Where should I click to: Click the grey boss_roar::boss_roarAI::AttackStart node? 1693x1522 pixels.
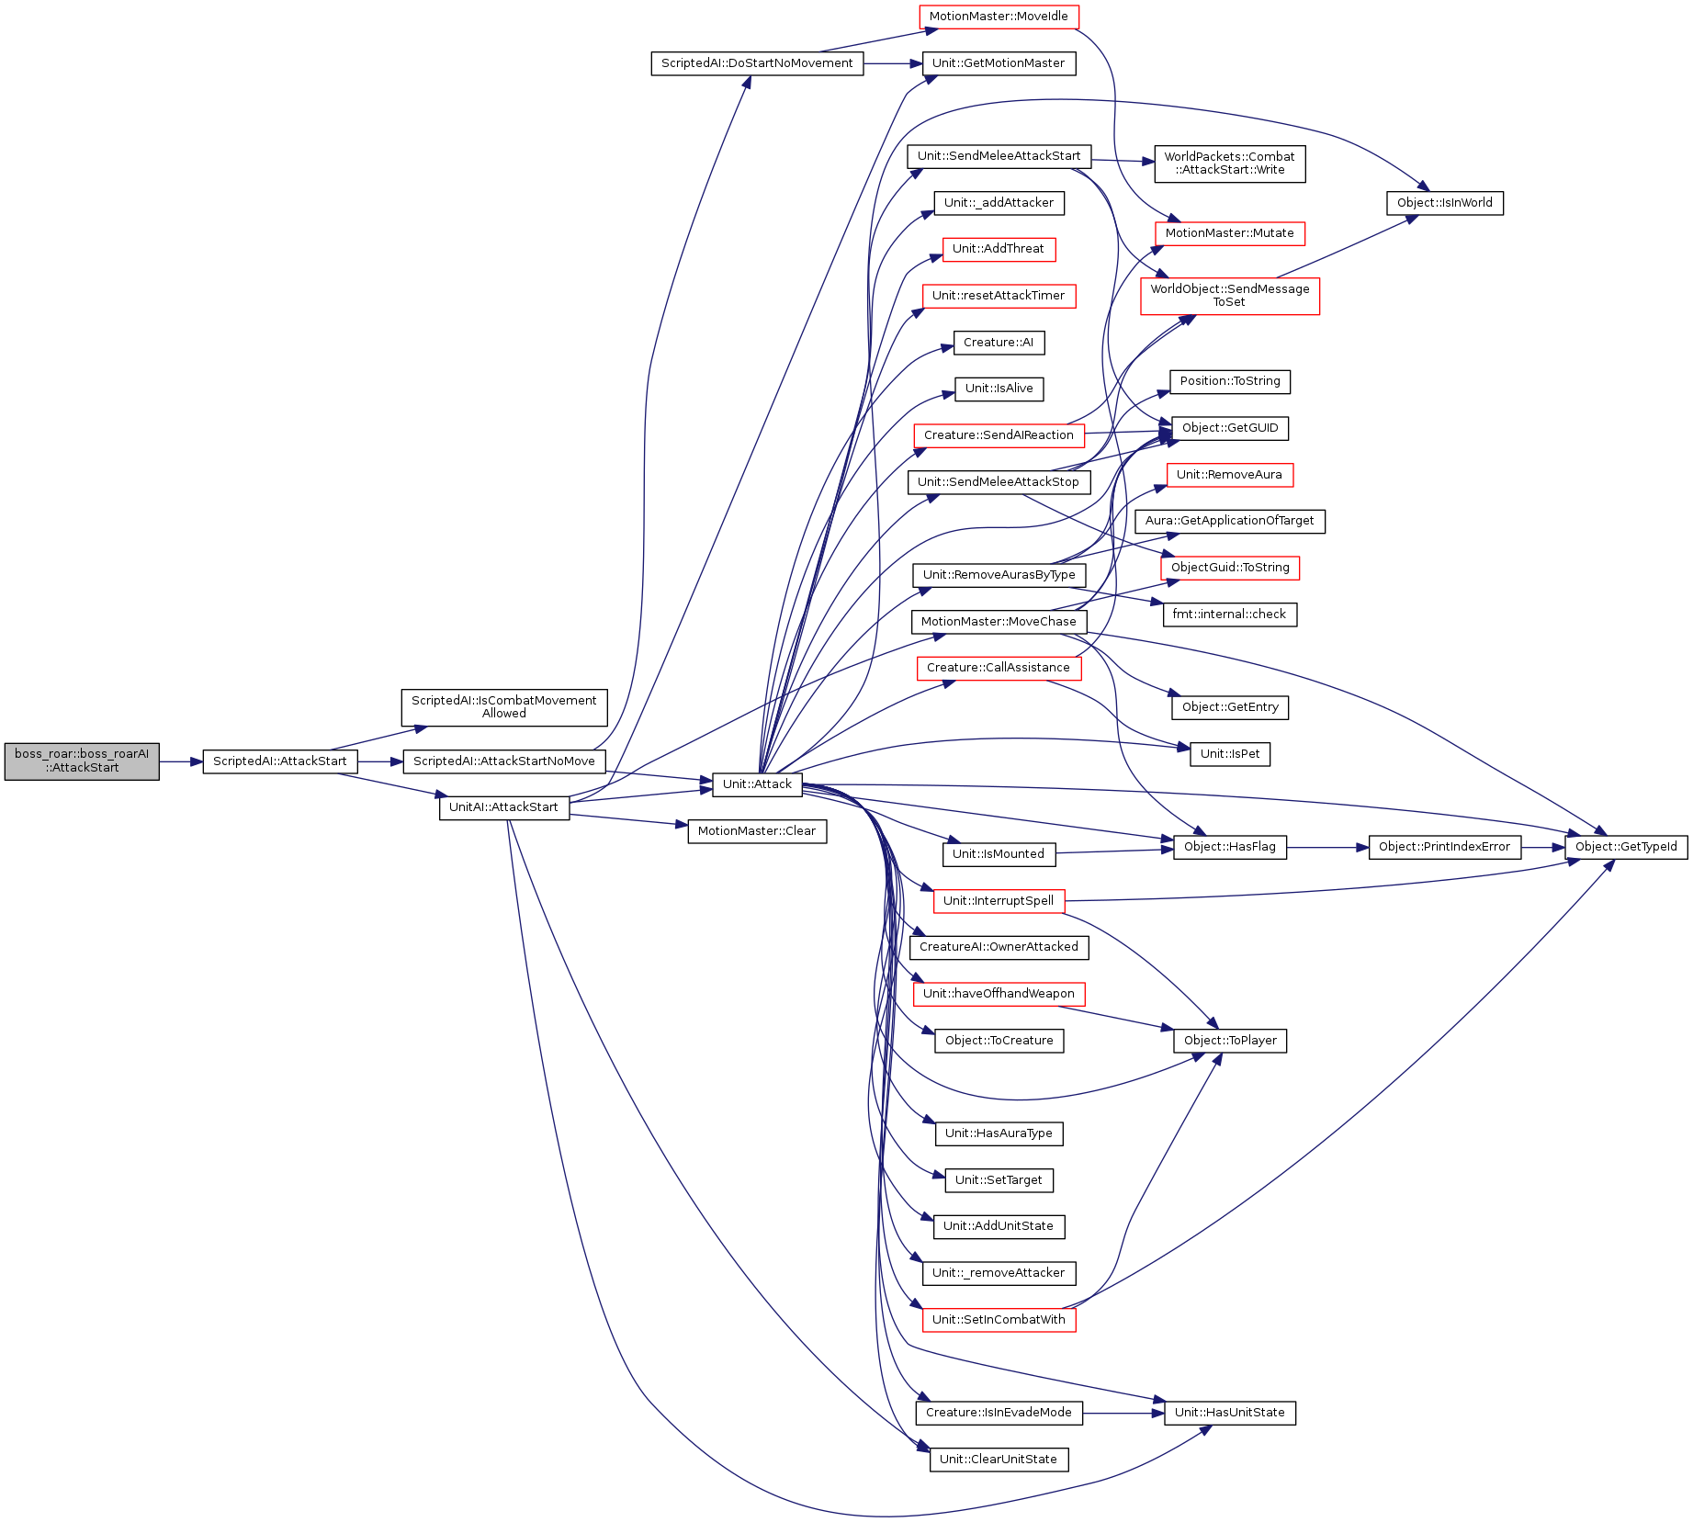(x=82, y=761)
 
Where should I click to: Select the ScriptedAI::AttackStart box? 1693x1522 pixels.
(x=280, y=761)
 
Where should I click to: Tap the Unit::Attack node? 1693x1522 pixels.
(x=757, y=784)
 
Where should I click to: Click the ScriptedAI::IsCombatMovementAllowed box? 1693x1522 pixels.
(x=504, y=707)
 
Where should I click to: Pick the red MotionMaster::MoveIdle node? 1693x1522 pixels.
(x=999, y=17)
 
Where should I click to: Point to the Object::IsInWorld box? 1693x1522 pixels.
(x=1445, y=203)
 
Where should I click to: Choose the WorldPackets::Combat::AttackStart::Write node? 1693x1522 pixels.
(x=1230, y=163)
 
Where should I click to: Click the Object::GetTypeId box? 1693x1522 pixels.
(x=1627, y=847)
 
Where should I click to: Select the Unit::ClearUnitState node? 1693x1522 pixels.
(x=999, y=1460)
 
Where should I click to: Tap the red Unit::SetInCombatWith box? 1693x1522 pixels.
(x=999, y=1320)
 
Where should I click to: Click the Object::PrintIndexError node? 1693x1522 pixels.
(x=1445, y=847)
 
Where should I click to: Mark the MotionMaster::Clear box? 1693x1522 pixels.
(x=757, y=831)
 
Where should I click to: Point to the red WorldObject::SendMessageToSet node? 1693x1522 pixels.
(x=1230, y=296)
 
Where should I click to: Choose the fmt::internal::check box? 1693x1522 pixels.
(x=1230, y=614)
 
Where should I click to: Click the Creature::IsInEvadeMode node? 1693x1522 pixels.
(x=999, y=1413)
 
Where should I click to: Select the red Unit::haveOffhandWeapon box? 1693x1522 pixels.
(x=999, y=994)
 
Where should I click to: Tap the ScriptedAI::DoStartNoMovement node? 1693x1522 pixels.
(x=757, y=63)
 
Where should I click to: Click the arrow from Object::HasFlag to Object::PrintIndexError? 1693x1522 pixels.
(x=1327, y=847)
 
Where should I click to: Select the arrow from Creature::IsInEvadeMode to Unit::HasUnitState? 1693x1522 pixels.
(x=1123, y=1413)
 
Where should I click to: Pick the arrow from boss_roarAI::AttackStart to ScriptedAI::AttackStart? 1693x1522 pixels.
(x=181, y=761)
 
